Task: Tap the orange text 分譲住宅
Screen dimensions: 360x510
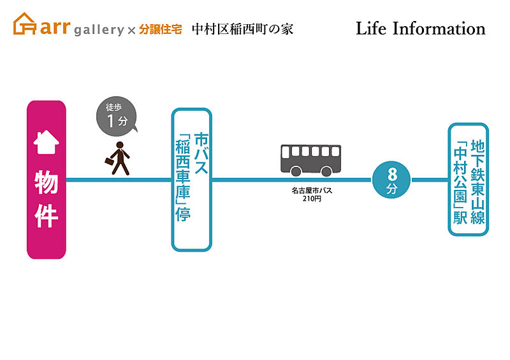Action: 161,29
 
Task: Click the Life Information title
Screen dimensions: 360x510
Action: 420,29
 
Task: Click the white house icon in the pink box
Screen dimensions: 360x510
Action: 46,143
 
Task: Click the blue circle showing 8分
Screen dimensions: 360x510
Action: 392,179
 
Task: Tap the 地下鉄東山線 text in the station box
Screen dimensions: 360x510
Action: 477,182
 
